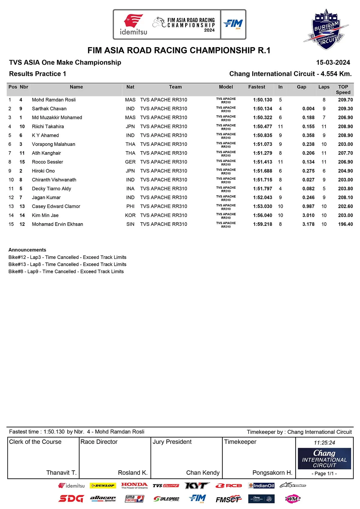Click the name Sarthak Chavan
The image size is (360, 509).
point(49,109)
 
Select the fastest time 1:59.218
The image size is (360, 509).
point(262,224)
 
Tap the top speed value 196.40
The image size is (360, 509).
point(345,224)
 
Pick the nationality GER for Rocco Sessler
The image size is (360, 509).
point(130,162)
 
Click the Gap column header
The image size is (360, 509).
point(301,87)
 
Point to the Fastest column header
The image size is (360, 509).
point(256,87)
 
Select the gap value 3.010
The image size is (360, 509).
point(308,215)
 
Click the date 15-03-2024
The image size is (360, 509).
point(333,62)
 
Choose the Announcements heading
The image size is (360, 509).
point(27,250)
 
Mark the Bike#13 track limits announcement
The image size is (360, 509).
point(67,264)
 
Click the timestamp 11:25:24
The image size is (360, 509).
point(324,443)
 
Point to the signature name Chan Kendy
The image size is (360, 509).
point(203,473)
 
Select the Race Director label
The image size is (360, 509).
point(99,442)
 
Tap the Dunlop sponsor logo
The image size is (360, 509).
point(103,486)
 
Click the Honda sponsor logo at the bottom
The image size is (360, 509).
point(134,485)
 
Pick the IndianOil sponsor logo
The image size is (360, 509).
point(261,486)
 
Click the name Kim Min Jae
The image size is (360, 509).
point(45,215)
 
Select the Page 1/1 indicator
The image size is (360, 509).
point(324,473)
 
